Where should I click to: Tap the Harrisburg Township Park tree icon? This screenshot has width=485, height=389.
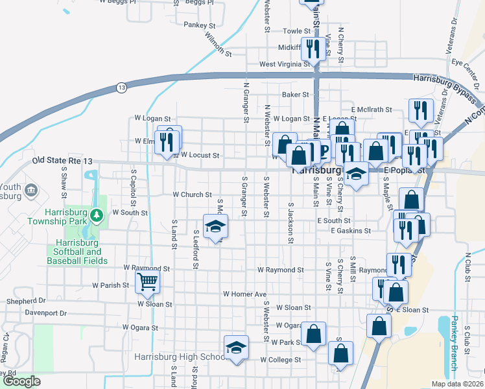click(x=96, y=214)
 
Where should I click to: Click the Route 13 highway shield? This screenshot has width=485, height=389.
click(x=121, y=87)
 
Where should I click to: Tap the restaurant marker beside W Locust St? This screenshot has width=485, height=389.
click(x=168, y=140)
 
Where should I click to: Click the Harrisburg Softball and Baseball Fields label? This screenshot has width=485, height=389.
click(x=74, y=252)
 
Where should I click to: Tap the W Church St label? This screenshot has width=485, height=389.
click(x=192, y=194)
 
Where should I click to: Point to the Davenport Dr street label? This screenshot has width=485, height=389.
click(x=45, y=312)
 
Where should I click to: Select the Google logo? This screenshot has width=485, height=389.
click(x=22, y=381)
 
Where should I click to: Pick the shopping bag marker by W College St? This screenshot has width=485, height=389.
click(x=340, y=353)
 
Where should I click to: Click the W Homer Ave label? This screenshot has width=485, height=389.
click(x=245, y=294)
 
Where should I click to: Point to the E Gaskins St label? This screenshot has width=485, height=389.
click(x=350, y=230)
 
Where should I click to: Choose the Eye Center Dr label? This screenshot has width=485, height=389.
click(x=464, y=63)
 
